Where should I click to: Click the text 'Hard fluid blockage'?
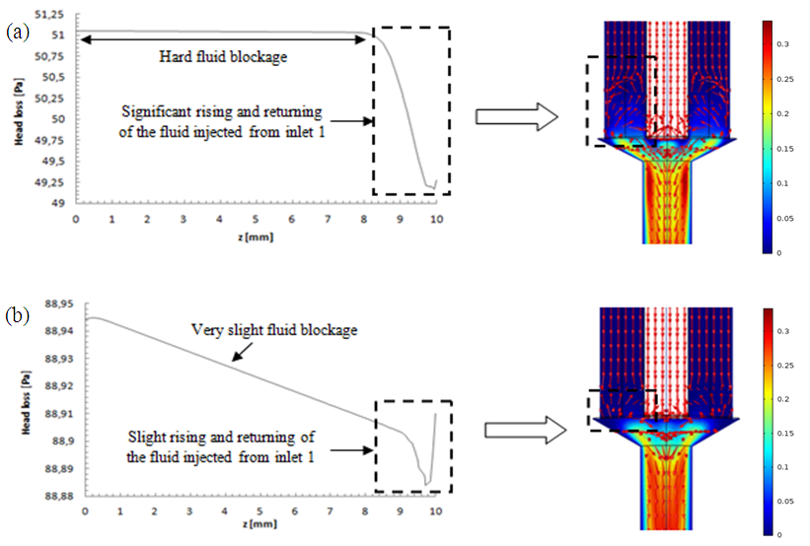(223, 57)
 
